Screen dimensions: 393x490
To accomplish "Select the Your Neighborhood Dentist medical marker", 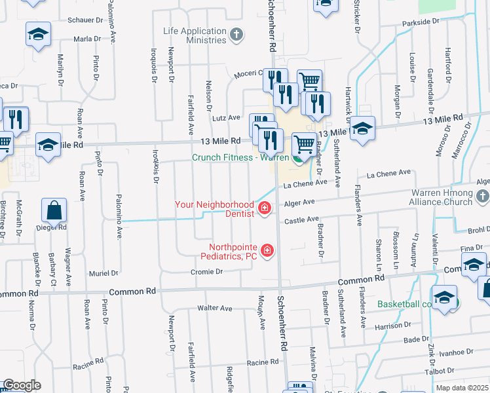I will point(265,209).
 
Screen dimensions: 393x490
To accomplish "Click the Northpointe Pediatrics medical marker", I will point(267,250).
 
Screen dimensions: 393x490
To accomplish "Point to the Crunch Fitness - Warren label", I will point(240,157).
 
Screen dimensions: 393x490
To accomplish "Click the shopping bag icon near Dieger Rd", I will point(54,210).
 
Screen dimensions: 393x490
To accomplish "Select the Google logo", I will point(21,385).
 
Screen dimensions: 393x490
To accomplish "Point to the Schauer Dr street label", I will point(86,20).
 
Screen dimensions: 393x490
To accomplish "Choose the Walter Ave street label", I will point(215,308).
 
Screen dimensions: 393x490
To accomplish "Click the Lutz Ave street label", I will point(226,118).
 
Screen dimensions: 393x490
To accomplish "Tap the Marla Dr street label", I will point(87,39).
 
